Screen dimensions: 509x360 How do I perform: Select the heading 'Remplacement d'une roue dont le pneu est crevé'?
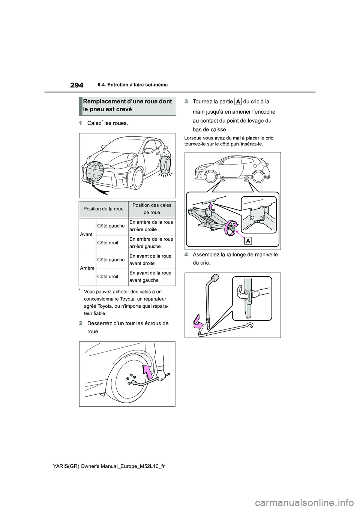(x=127, y=105)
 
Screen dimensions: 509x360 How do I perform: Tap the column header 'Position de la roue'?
(x=103, y=209)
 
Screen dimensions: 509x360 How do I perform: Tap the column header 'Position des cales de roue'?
(x=151, y=209)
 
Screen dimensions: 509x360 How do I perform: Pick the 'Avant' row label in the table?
(x=86, y=234)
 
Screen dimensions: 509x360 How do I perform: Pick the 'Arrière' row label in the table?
(x=87, y=268)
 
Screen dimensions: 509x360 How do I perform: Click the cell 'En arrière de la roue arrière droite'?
(x=151, y=226)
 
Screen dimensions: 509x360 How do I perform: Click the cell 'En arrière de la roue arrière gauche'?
(x=151, y=243)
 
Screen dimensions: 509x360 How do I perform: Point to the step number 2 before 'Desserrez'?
(x=81, y=323)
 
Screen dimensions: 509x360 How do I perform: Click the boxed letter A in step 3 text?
(x=238, y=102)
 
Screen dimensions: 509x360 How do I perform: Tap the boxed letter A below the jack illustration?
(x=248, y=241)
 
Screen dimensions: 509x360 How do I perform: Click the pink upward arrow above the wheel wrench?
(x=148, y=372)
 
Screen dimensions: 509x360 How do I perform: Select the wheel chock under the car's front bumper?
(x=92, y=181)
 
